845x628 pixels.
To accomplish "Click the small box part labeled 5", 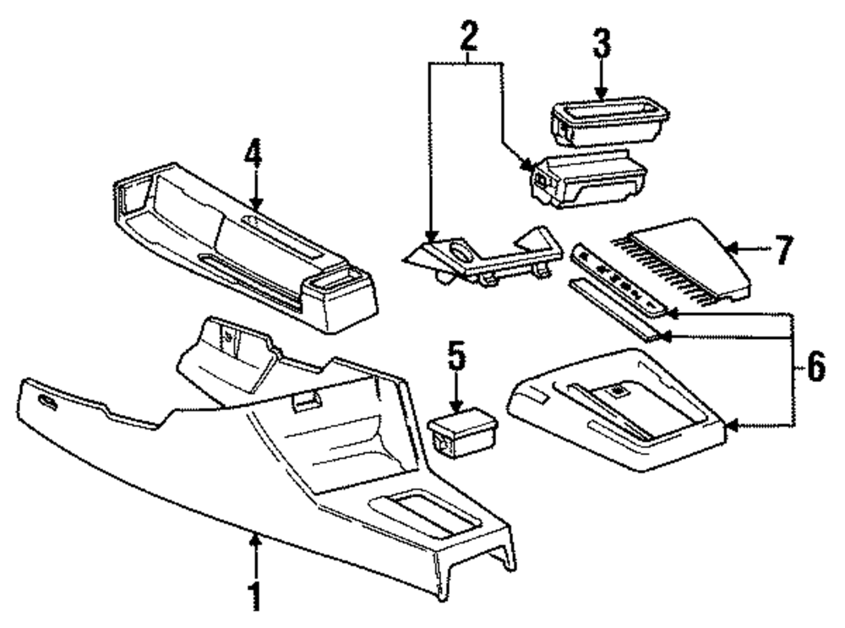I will pyautogui.click(x=461, y=430).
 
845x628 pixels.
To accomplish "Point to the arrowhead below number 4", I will pyautogui.click(x=256, y=203).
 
